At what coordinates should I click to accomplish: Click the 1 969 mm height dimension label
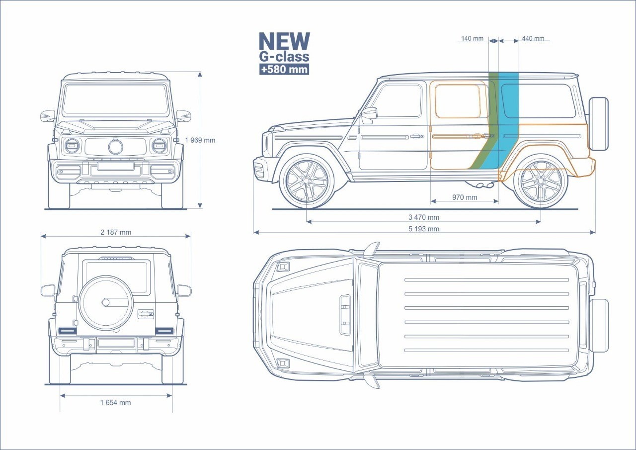click(200, 140)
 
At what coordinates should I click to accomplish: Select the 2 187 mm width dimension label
click(116, 232)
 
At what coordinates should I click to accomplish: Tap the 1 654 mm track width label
click(115, 403)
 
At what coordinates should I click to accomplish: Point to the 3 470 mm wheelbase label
click(424, 217)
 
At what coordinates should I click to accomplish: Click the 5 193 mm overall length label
click(424, 229)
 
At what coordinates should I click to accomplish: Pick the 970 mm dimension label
click(465, 197)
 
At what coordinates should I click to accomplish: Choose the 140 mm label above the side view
click(472, 39)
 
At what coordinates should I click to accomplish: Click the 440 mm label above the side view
click(533, 39)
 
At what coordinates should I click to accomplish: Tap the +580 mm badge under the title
click(284, 69)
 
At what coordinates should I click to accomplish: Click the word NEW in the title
click(284, 42)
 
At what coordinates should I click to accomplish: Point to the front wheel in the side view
click(307, 180)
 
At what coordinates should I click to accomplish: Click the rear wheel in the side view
click(540, 181)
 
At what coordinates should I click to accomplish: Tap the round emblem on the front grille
click(116, 147)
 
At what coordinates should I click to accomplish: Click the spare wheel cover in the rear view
click(105, 302)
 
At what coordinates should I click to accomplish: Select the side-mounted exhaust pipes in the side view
click(485, 185)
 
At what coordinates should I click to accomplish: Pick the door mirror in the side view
click(369, 114)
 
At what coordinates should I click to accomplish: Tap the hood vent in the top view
click(345, 314)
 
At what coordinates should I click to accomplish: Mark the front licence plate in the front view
click(116, 166)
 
